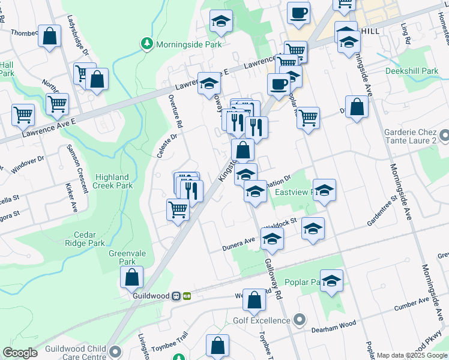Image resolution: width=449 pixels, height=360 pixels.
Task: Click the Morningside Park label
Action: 188,44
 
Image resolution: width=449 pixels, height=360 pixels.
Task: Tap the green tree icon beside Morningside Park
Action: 146,44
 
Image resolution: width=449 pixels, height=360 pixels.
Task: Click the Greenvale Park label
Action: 122,257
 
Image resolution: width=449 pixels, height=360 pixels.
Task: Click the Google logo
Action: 20,353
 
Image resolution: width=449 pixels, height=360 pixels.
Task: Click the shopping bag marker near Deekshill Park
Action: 357,107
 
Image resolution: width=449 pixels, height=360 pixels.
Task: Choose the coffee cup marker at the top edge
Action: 298,13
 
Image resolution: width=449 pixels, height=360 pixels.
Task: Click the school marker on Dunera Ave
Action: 272,239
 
